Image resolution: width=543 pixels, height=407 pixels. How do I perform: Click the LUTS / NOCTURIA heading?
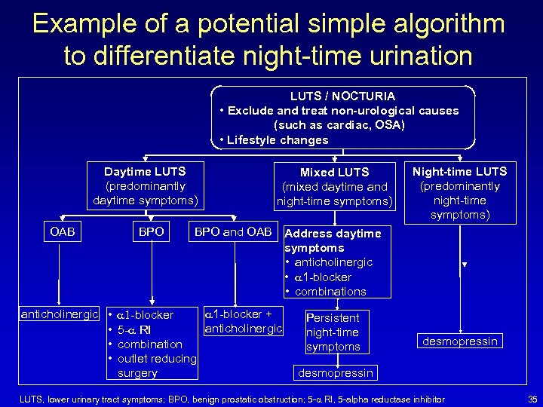pos(342,96)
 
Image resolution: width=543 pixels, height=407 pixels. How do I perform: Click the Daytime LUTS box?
pos(145,186)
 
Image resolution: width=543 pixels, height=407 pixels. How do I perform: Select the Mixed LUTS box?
pos(334,187)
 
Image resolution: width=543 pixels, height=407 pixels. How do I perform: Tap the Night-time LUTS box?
pos(460,193)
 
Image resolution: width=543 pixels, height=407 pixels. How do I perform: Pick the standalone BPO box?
pos(151,232)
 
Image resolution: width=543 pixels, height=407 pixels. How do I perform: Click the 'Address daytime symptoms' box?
pos(337,262)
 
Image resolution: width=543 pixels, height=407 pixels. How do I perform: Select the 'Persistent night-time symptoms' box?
pos(333,332)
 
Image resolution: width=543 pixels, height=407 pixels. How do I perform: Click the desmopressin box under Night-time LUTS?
pos(460,341)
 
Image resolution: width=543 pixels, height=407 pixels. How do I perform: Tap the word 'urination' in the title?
pos(408,57)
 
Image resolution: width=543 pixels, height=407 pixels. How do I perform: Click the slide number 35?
pos(532,399)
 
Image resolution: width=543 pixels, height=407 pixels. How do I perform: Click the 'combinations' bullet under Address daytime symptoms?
pos(330,292)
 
